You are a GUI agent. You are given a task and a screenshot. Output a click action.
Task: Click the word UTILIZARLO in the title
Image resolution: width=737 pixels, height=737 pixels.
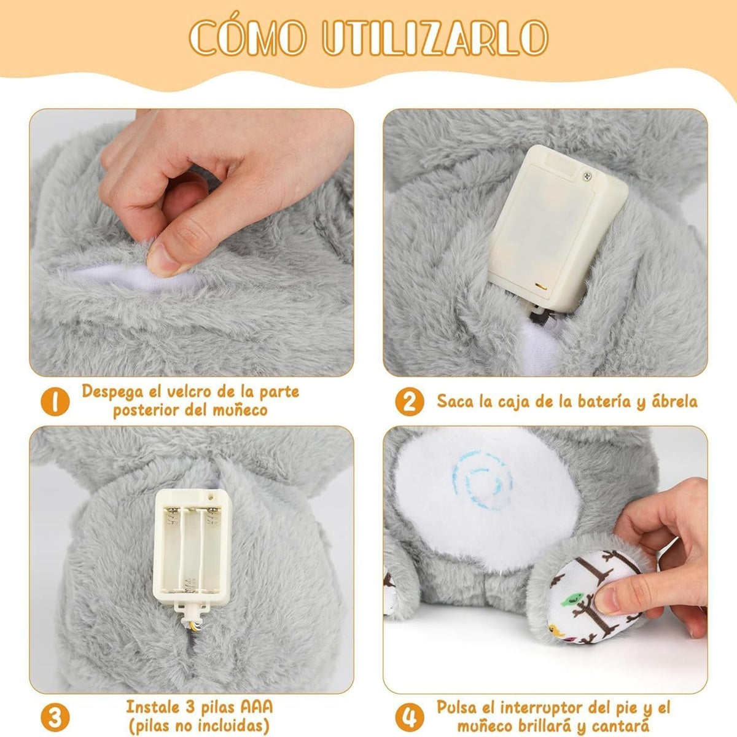tap(435, 37)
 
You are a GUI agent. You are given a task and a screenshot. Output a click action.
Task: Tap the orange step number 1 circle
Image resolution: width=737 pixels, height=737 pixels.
tap(55, 402)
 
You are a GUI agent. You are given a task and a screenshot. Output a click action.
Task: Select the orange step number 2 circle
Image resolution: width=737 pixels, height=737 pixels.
tap(410, 402)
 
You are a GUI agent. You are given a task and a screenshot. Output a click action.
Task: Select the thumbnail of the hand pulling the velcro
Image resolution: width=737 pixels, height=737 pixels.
tap(192, 243)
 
